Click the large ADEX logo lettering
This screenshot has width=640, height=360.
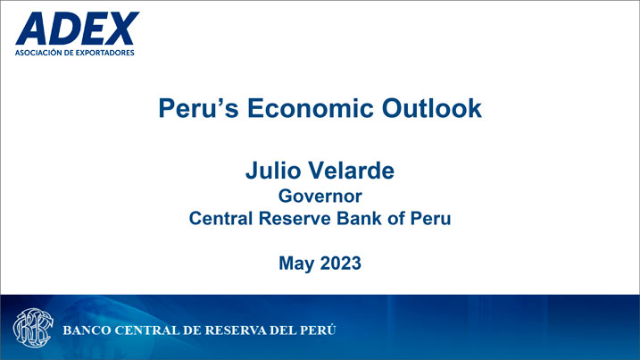click(77, 29)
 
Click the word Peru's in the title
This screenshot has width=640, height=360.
click(198, 108)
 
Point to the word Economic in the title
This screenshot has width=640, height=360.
click(311, 108)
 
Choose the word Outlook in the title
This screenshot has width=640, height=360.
click(432, 108)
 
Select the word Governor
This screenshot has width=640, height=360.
click(320, 197)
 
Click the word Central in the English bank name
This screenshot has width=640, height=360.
click(220, 218)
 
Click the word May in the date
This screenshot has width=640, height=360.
click(296, 264)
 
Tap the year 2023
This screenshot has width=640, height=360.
click(341, 264)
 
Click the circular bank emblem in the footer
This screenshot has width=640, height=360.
click(33, 328)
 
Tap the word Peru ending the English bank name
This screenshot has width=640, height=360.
click(430, 218)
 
